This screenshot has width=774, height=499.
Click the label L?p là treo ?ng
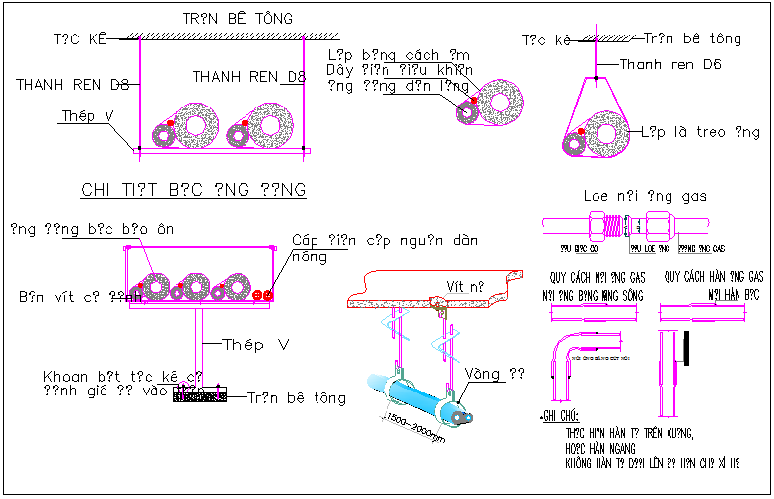700,132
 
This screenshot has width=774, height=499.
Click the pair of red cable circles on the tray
262,294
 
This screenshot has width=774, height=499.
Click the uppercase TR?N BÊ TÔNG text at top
238,19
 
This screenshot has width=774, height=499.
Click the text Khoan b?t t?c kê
123,377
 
